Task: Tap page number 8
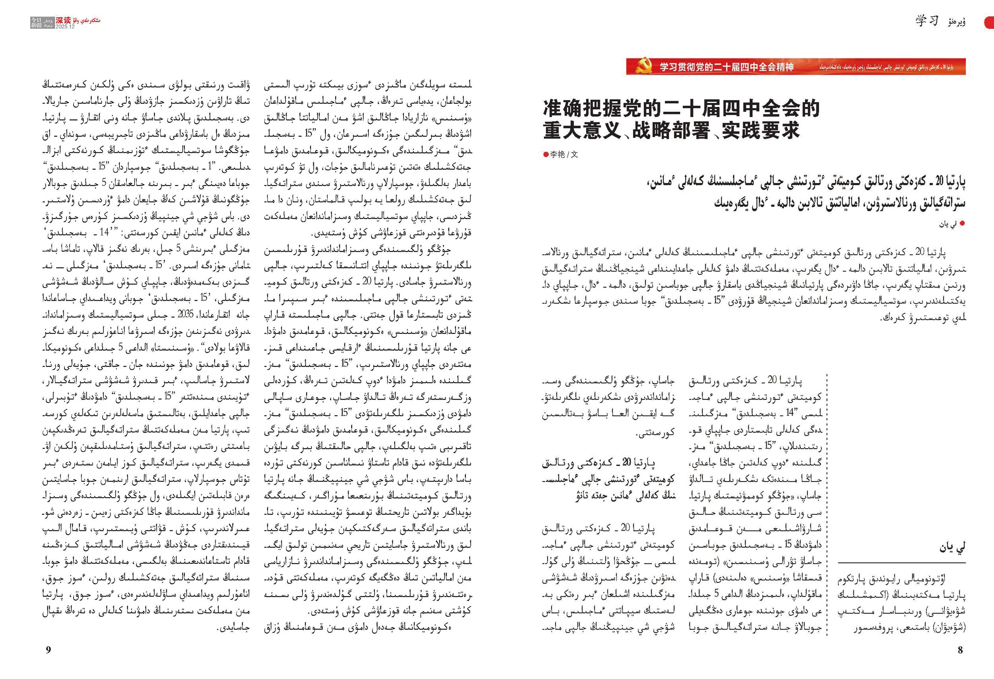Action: tap(960, 650)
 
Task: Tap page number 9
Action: tap(49, 650)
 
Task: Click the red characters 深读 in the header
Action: tap(64, 20)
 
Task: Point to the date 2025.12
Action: tap(65, 27)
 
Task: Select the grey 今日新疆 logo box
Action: tap(36, 23)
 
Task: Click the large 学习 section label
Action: tap(927, 21)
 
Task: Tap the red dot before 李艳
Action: tap(546, 154)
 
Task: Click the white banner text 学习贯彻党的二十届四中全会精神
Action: tap(726, 67)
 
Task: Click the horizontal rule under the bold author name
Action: tap(901, 562)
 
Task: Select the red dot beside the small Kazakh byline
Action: tap(962, 223)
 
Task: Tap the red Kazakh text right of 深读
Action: tap(86, 20)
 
